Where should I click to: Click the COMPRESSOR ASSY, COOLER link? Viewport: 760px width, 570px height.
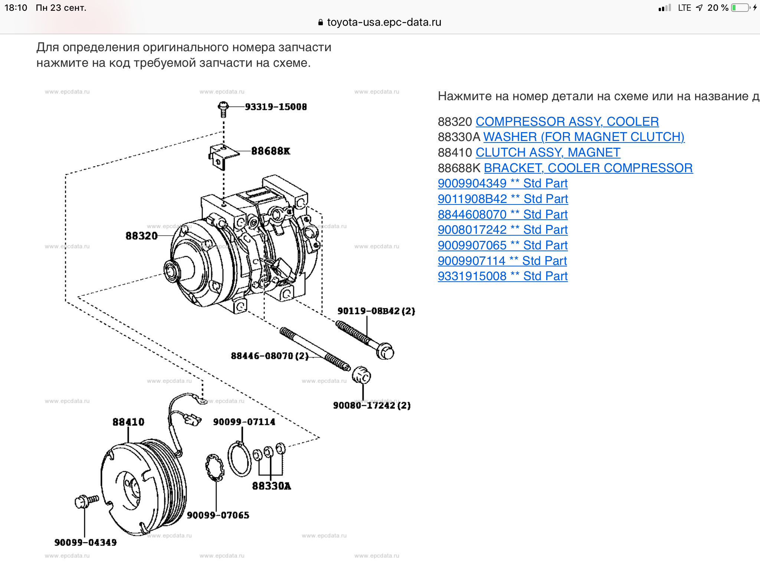567,122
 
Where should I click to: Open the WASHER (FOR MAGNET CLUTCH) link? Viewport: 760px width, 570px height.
584,137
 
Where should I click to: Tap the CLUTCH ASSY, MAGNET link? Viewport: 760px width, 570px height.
548,153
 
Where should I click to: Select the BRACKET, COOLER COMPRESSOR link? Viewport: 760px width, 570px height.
588,168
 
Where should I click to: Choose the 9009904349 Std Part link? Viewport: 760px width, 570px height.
502,183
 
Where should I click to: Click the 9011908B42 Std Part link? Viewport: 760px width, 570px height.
502,199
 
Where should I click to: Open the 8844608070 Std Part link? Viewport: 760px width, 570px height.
502,214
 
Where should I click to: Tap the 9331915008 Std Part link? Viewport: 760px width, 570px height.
502,276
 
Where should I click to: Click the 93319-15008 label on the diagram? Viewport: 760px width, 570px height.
276,107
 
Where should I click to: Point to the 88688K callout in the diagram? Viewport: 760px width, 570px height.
271,151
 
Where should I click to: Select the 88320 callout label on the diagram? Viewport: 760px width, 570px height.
141,236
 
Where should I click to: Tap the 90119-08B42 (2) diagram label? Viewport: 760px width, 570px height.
376,311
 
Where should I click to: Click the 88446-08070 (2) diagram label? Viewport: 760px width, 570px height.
269,356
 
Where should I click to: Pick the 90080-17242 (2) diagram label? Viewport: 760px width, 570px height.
371,405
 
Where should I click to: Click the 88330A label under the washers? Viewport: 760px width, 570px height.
271,486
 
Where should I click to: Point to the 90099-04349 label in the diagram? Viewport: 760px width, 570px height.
85,543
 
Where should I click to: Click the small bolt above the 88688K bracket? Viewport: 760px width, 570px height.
223,109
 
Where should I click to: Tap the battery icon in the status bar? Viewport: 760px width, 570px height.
740,8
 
